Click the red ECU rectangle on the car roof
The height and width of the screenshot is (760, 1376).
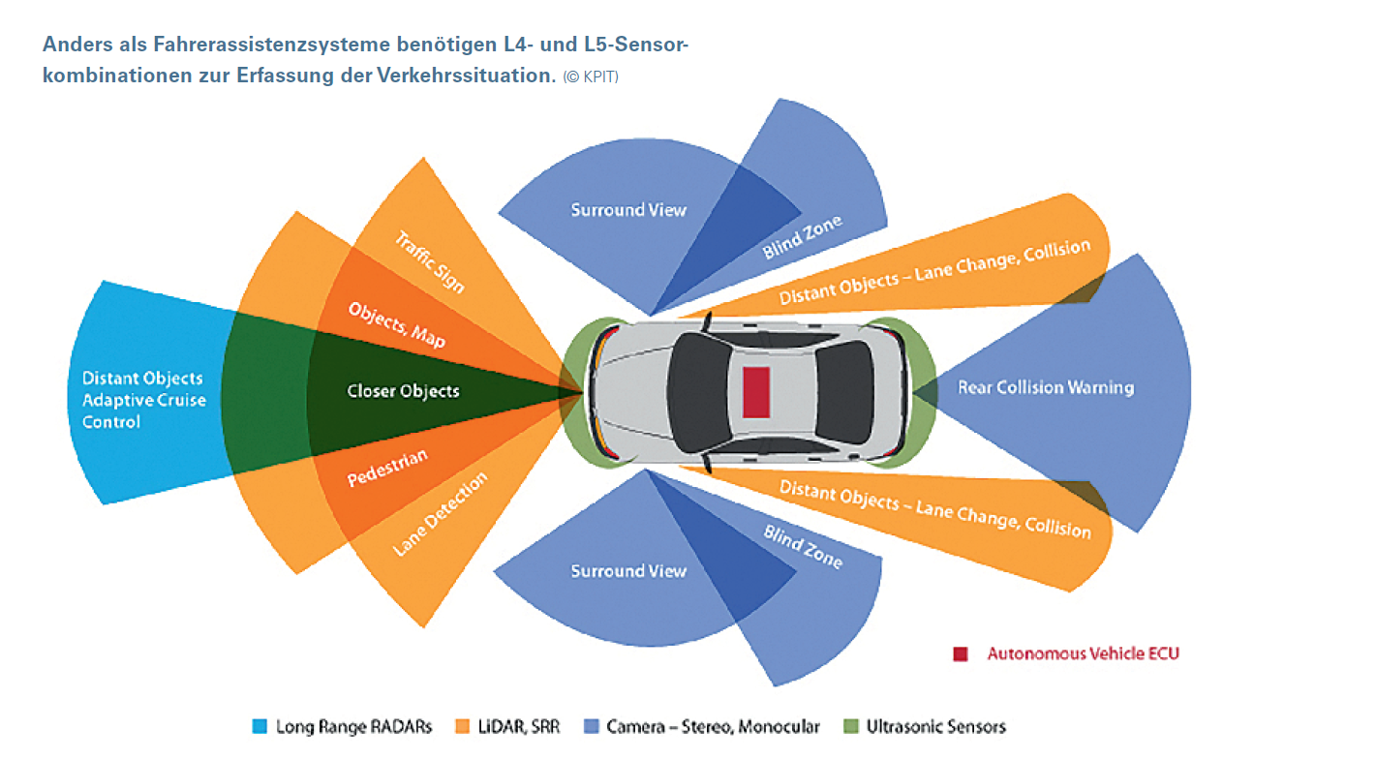click(x=756, y=392)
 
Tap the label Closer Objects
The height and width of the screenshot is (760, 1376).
click(x=403, y=392)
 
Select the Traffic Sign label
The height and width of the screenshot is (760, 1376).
click(x=430, y=261)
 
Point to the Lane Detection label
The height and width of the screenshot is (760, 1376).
click(x=440, y=514)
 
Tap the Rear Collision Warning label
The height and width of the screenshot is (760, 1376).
click(x=1045, y=388)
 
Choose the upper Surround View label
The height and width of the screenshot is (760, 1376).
click(x=627, y=210)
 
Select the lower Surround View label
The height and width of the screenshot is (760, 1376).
click(x=627, y=571)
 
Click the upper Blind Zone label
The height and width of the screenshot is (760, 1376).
click(x=802, y=236)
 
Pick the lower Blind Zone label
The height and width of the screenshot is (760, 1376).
click(x=803, y=547)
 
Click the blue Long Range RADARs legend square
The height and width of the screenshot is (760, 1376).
click(x=259, y=726)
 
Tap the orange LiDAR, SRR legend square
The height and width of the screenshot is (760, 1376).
click(x=462, y=726)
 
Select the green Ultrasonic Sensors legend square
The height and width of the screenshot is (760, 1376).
click(x=851, y=726)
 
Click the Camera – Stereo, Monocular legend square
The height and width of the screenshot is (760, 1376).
click(x=592, y=726)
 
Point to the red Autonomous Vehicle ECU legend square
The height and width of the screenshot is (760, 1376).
click(x=960, y=654)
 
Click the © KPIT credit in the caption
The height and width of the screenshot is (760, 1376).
click(x=590, y=77)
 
